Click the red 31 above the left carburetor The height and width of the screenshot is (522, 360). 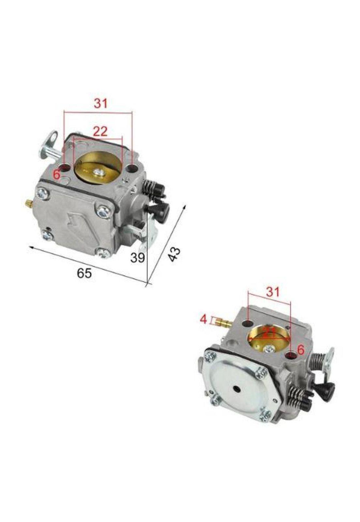click(101, 103)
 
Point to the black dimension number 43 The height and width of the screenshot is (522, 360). click(174, 254)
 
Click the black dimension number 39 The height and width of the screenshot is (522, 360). click(138, 258)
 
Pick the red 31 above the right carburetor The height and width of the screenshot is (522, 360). click(273, 292)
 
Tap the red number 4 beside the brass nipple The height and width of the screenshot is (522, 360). click(203, 319)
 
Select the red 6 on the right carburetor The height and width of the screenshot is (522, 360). click(301, 349)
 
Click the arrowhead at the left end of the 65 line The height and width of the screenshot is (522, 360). click(30, 247)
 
